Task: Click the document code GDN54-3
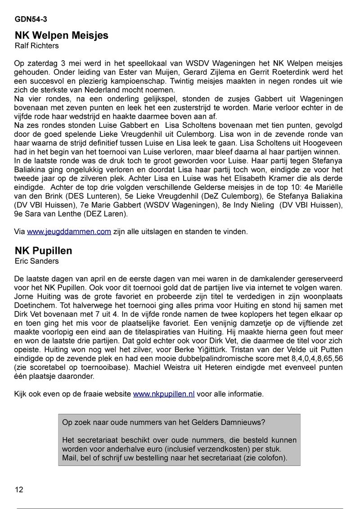click(31, 19)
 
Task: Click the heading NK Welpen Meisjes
click(62, 35)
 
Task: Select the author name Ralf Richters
click(37, 45)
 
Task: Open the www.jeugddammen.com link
click(69, 231)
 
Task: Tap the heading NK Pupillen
click(43, 251)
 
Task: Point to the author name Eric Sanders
click(37, 261)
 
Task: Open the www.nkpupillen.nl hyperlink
click(164, 394)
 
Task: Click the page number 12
click(19, 490)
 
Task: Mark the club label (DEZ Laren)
click(105, 214)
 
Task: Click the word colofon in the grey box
click(270, 458)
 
